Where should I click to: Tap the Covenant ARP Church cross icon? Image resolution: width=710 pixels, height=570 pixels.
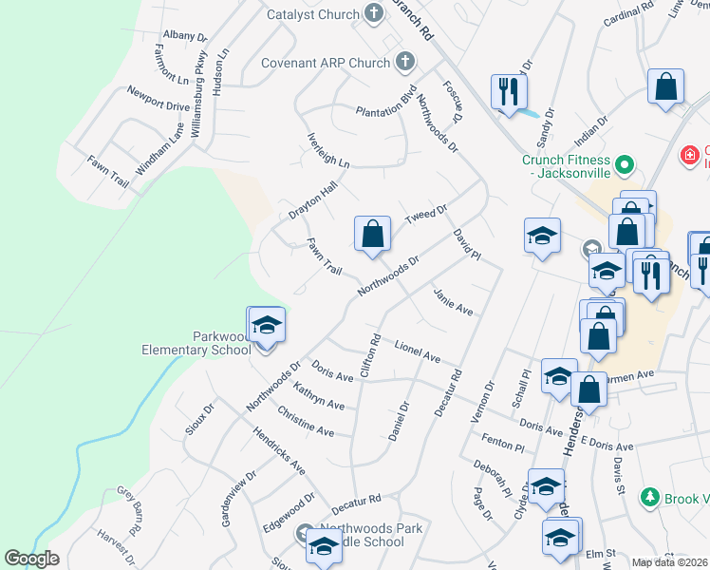point(405,63)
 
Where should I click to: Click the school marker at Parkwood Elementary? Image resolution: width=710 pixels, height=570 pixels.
point(267,326)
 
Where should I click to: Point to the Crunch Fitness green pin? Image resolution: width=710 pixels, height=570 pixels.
point(624,165)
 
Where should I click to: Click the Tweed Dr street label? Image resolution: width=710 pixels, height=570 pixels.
point(425,215)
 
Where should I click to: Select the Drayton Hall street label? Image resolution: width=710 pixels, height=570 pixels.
point(313,202)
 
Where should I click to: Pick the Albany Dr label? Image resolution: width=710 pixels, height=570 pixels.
point(184,35)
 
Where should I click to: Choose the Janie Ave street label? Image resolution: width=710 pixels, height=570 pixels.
point(452,302)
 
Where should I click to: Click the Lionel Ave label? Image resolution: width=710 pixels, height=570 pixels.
point(418,351)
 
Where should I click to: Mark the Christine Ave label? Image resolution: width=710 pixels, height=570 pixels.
point(305,423)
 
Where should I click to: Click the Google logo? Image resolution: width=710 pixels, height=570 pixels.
point(32,559)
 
